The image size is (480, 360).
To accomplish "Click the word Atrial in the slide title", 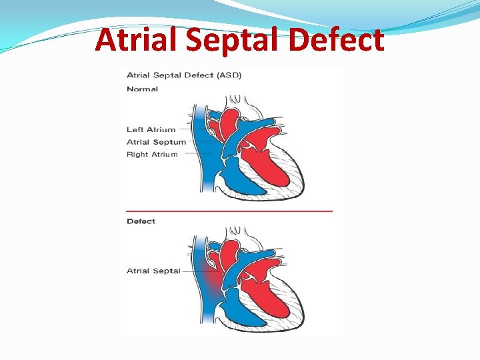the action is (x=136, y=41).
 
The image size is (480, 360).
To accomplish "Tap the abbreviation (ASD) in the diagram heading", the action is (x=227, y=75).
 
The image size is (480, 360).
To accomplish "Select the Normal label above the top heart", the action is (x=142, y=89).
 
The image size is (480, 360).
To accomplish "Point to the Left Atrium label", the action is (x=151, y=130).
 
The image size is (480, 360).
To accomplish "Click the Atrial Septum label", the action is (x=156, y=142).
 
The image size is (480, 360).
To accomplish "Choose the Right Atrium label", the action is (x=152, y=155).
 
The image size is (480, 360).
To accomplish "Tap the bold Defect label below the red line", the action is (x=141, y=221).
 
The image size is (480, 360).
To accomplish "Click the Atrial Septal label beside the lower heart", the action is (x=153, y=271).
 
